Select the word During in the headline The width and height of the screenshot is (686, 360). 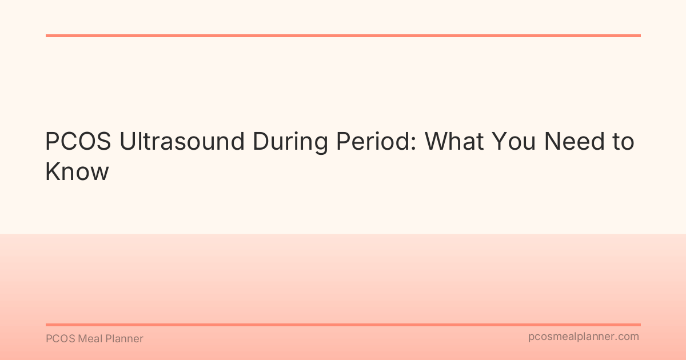coord(292,142)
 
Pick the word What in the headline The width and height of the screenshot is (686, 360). coord(461,142)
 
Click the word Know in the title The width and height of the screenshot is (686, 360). coord(77,171)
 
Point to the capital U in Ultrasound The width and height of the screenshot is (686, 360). coord(127,142)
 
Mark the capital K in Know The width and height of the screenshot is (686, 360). coord(53,171)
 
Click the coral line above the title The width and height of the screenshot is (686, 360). coord(343,35)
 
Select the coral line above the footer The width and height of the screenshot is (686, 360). coord(343,325)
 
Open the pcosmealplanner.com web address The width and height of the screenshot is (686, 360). coord(583,337)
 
